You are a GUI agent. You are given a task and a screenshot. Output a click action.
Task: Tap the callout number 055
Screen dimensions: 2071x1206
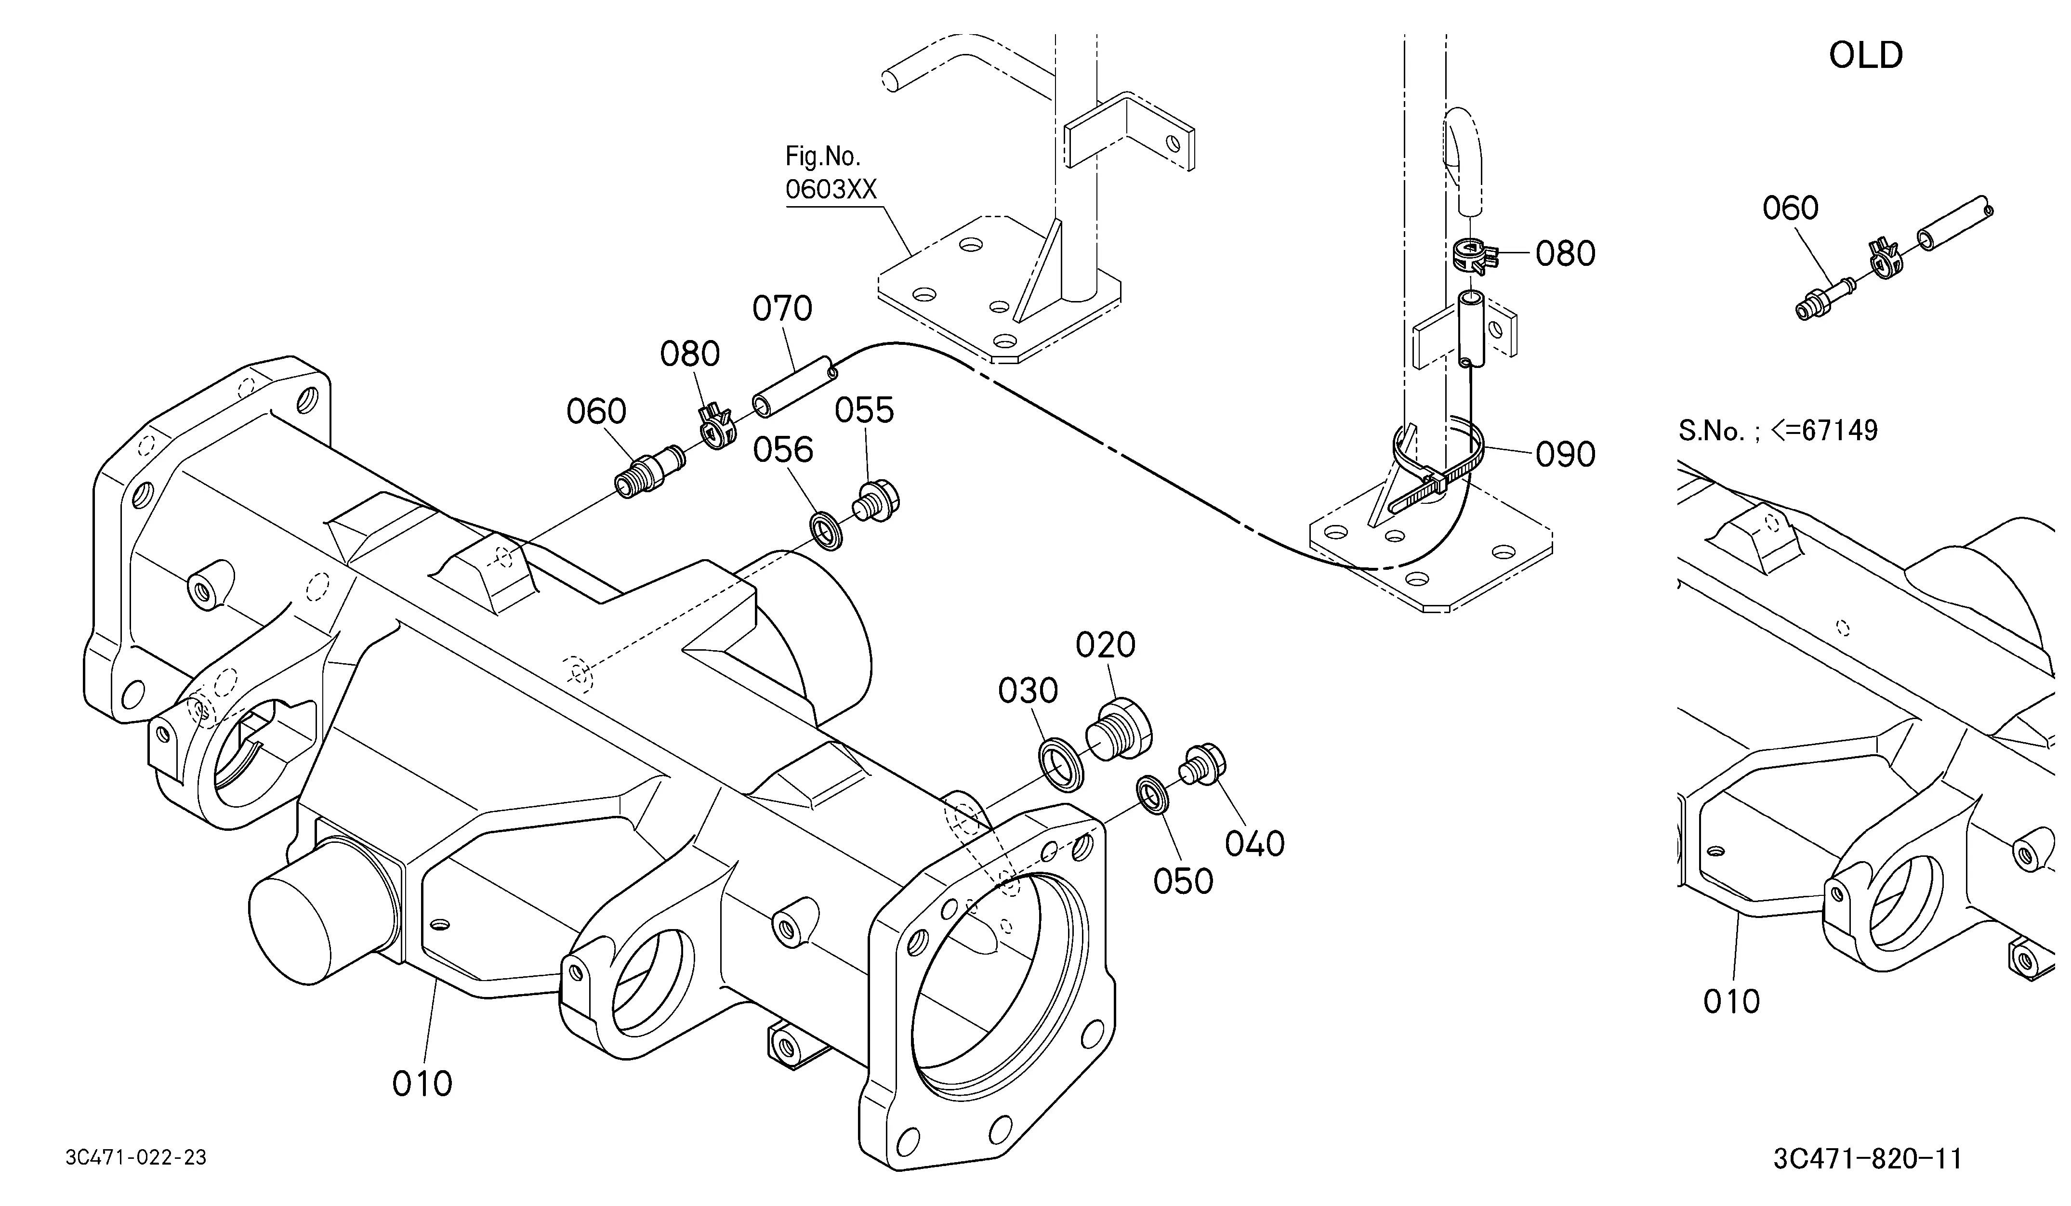(865, 411)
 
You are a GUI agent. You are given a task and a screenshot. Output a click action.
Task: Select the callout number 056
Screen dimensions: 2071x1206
(783, 450)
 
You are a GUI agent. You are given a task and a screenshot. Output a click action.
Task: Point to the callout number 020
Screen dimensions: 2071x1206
(1106, 646)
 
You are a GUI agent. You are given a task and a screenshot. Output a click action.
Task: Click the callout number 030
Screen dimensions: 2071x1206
(1028, 692)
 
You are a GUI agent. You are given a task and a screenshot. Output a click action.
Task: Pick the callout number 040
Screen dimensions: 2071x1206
(1255, 844)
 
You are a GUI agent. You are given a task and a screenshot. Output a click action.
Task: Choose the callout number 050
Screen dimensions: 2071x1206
(1184, 881)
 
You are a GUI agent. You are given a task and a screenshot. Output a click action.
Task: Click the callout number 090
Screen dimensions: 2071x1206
(1566, 454)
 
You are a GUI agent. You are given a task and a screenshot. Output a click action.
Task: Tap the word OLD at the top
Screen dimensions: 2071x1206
(1866, 55)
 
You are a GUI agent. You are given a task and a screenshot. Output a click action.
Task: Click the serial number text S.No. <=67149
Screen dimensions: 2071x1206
(1778, 431)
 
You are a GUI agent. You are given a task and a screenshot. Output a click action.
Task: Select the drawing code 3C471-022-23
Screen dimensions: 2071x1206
(136, 1157)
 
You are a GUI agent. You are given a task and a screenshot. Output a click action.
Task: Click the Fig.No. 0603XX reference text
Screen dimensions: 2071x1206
(831, 173)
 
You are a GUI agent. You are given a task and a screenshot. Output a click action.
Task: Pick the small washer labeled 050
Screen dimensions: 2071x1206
(1154, 794)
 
